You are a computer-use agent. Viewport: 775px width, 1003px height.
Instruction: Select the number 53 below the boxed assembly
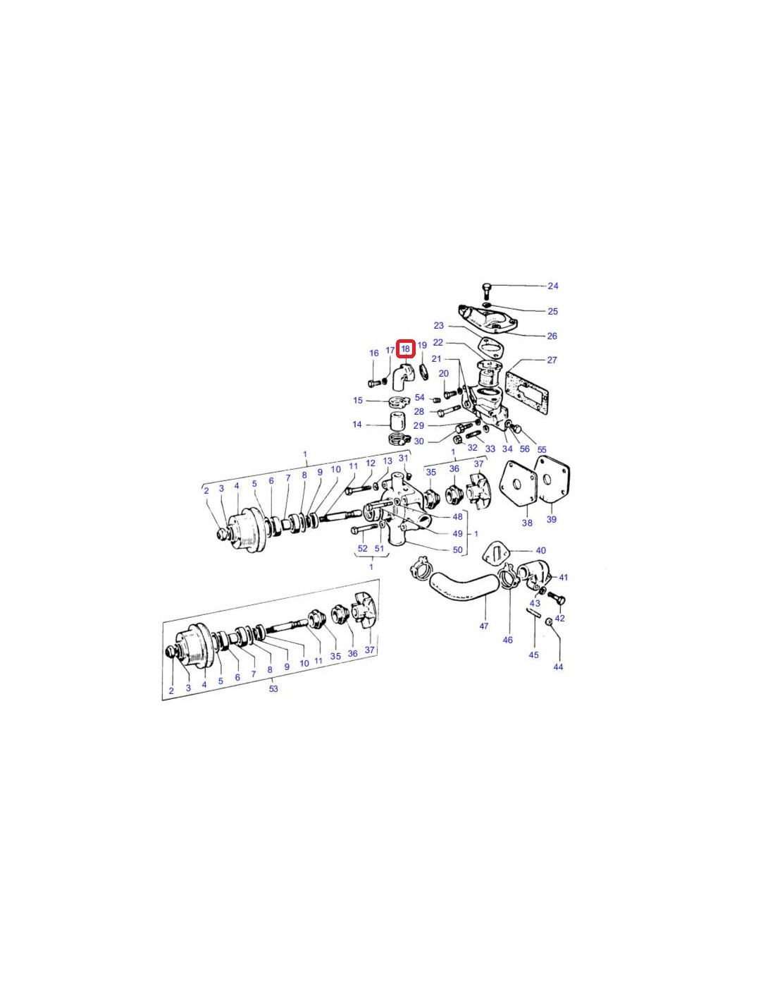[273, 688]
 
